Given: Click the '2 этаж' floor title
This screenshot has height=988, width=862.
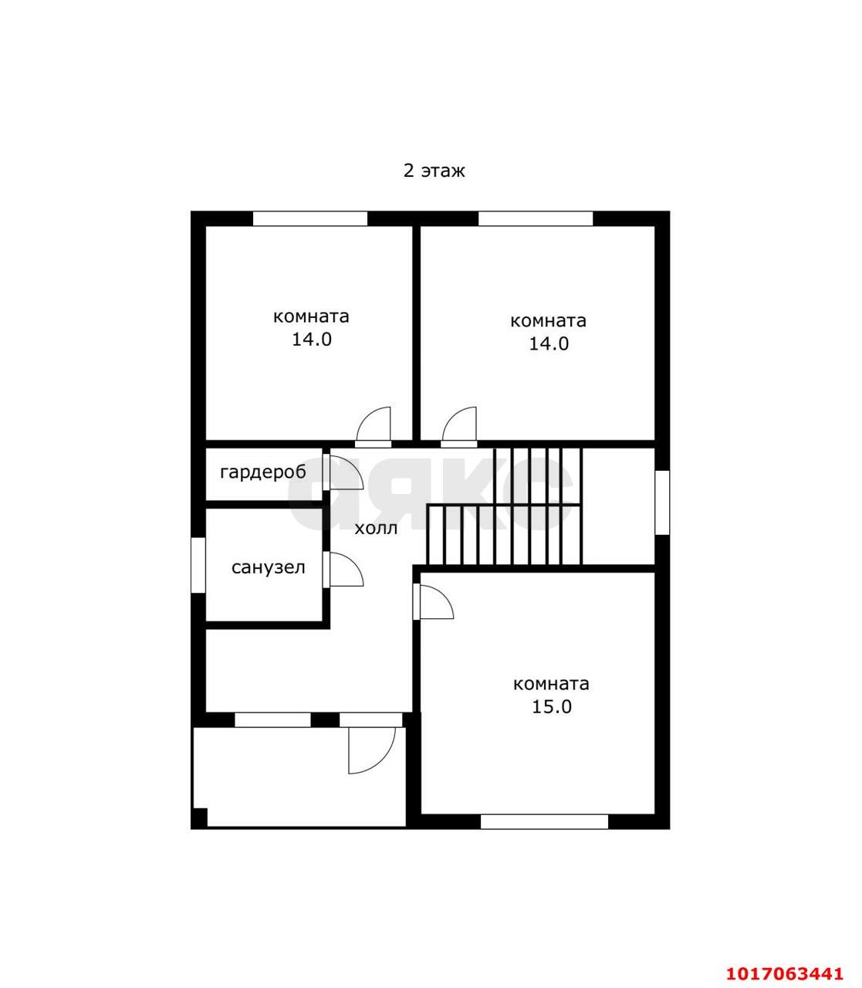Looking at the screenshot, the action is [434, 171].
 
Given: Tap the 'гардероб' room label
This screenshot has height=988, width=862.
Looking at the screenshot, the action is [263, 472].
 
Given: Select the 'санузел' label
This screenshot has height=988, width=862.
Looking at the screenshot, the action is [269, 567].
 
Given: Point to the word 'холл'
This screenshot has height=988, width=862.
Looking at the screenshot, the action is [376, 529].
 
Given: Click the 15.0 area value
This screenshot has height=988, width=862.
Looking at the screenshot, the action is [552, 707].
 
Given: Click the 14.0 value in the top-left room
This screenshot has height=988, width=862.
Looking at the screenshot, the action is [312, 340].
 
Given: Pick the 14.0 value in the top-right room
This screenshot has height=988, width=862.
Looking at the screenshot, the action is [549, 343].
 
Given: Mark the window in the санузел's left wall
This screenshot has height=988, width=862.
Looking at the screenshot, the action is [198, 565].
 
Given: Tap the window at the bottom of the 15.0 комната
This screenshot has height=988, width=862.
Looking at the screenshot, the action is [544, 822].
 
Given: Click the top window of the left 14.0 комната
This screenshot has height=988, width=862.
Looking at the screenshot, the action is [310, 218].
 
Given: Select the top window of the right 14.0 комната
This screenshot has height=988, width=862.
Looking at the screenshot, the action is [536, 218].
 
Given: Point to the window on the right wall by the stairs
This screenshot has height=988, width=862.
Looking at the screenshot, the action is [662, 502].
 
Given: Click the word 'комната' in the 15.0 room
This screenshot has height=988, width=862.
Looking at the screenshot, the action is [551, 684].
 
